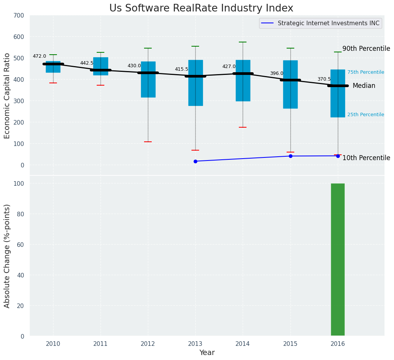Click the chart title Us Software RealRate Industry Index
(x=201, y=8)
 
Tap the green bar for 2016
(x=337, y=259)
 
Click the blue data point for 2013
(x=195, y=161)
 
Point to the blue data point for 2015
(x=290, y=156)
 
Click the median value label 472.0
(x=39, y=56)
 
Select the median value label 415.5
(x=182, y=69)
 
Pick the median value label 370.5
(x=324, y=79)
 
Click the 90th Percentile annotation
(x=366, y=49)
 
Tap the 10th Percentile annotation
(x=366, y=158)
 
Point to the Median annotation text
(x=364, y=86)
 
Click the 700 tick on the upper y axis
(x=19, y=16)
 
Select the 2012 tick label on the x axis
(x=148, y=344)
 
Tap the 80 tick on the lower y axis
(x=20, y=214)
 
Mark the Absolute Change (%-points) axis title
(x=7, y=256)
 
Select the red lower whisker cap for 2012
(x=148, y=142)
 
